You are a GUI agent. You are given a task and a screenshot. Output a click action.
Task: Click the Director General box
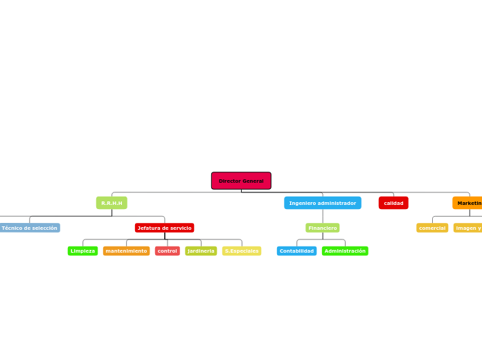pos(241,181)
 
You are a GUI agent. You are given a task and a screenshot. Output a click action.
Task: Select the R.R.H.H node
pos(111,203)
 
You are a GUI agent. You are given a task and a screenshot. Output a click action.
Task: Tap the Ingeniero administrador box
pos(322,203)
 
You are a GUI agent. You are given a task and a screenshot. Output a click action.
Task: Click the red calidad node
pos(393,203)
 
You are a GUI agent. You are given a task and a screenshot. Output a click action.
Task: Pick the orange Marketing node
pos(468,203)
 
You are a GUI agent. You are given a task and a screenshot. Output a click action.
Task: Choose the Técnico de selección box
pos(29,228)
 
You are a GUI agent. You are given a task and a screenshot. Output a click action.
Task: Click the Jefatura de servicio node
pos(164,228)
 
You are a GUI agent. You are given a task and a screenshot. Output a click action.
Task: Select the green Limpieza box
pos(82,251)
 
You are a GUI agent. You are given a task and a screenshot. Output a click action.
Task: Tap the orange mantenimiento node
pos(126,251)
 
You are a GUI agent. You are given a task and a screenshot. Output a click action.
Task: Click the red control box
pos(168,251)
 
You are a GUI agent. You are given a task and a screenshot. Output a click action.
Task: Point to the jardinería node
pos(201,251)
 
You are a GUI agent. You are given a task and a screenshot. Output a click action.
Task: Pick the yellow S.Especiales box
pos(242,251)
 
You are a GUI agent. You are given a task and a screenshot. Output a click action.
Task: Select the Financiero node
pos(323,228)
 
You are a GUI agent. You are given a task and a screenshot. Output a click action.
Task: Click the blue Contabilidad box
pos(296,251)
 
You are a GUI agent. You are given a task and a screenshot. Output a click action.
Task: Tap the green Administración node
pos(345,251)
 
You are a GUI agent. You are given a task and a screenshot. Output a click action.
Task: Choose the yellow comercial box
pos(432,228)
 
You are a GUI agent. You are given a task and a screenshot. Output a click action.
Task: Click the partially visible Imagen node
pos(468,228)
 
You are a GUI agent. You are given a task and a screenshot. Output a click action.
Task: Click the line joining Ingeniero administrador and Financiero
pos(323,216)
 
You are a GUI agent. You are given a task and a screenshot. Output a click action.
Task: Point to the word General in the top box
pos(252,181)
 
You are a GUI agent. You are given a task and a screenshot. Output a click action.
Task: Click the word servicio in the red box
pos(179,228)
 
